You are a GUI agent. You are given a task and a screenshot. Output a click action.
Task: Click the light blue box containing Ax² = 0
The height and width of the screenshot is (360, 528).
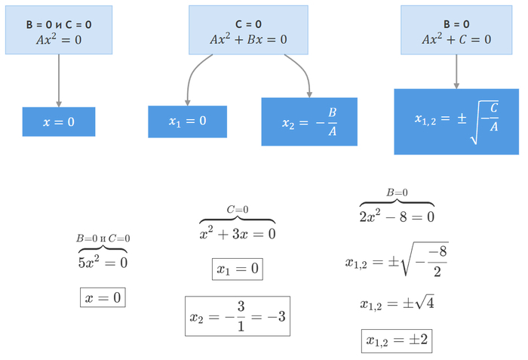(59, 31)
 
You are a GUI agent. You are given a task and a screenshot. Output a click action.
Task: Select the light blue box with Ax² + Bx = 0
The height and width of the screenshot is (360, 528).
(248, 31)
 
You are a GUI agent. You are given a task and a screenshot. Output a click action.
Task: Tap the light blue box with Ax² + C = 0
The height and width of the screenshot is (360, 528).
(456, 31)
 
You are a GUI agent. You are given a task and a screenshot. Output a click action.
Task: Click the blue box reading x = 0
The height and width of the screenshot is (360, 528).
(59, 122)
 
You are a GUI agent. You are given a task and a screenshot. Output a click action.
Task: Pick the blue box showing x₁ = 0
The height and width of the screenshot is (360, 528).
(187, 122)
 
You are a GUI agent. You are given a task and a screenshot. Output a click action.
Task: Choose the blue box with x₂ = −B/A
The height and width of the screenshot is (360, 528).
(309, 122)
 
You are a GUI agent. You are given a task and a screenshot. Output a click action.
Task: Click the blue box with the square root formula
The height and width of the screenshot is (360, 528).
(456, 122)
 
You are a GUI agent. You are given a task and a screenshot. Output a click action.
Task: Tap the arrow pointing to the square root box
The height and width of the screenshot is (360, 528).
(456, 72)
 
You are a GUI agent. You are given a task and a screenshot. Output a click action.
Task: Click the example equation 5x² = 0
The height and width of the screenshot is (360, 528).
(103, 263)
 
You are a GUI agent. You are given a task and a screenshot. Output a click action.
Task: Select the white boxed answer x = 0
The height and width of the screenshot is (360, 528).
(103, 298)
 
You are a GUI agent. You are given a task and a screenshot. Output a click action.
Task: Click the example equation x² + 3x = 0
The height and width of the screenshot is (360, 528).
(238, 234)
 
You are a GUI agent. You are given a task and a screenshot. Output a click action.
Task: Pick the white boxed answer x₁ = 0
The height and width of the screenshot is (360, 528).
(238, 269)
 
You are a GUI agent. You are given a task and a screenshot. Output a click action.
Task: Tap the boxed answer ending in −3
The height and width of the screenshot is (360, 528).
(238, 316)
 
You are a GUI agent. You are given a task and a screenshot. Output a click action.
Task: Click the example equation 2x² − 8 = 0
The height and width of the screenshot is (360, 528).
(397, 217)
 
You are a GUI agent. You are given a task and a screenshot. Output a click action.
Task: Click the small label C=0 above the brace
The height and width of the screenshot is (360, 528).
(238, 210)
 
